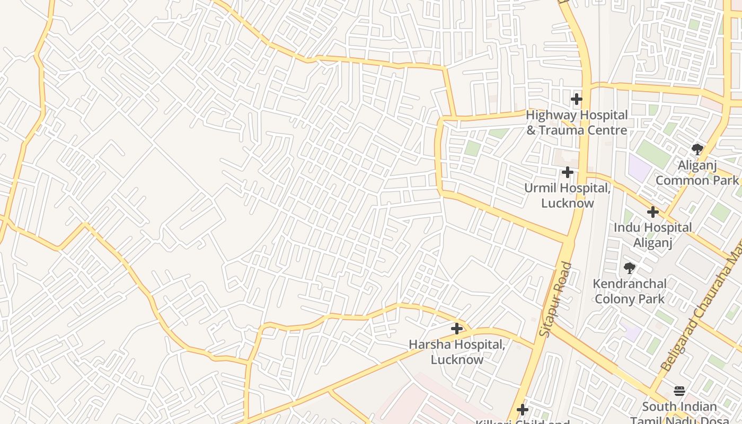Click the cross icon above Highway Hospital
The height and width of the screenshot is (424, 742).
[577, 99]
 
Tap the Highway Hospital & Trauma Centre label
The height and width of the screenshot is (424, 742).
[577, 122]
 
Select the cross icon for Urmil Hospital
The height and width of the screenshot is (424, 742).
[568, 172]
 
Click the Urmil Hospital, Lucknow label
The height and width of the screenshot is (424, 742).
[567, 196]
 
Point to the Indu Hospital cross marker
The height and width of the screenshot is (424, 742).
[653, 212]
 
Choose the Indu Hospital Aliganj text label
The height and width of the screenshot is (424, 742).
[653, 235]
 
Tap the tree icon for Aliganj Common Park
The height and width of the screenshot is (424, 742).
[697, 149]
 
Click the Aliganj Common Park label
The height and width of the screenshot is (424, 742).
[697, 173]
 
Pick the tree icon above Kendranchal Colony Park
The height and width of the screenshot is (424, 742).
[630, 268]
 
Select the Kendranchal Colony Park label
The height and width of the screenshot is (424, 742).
[630, 291]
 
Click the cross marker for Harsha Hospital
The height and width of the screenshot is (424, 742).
[457, 329]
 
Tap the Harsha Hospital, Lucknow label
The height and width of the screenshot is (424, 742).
[457, 352]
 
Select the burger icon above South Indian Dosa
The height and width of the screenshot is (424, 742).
[680, 391]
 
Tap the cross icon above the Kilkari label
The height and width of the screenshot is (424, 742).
[523, 410]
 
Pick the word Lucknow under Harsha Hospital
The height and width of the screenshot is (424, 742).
[457, 359]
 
